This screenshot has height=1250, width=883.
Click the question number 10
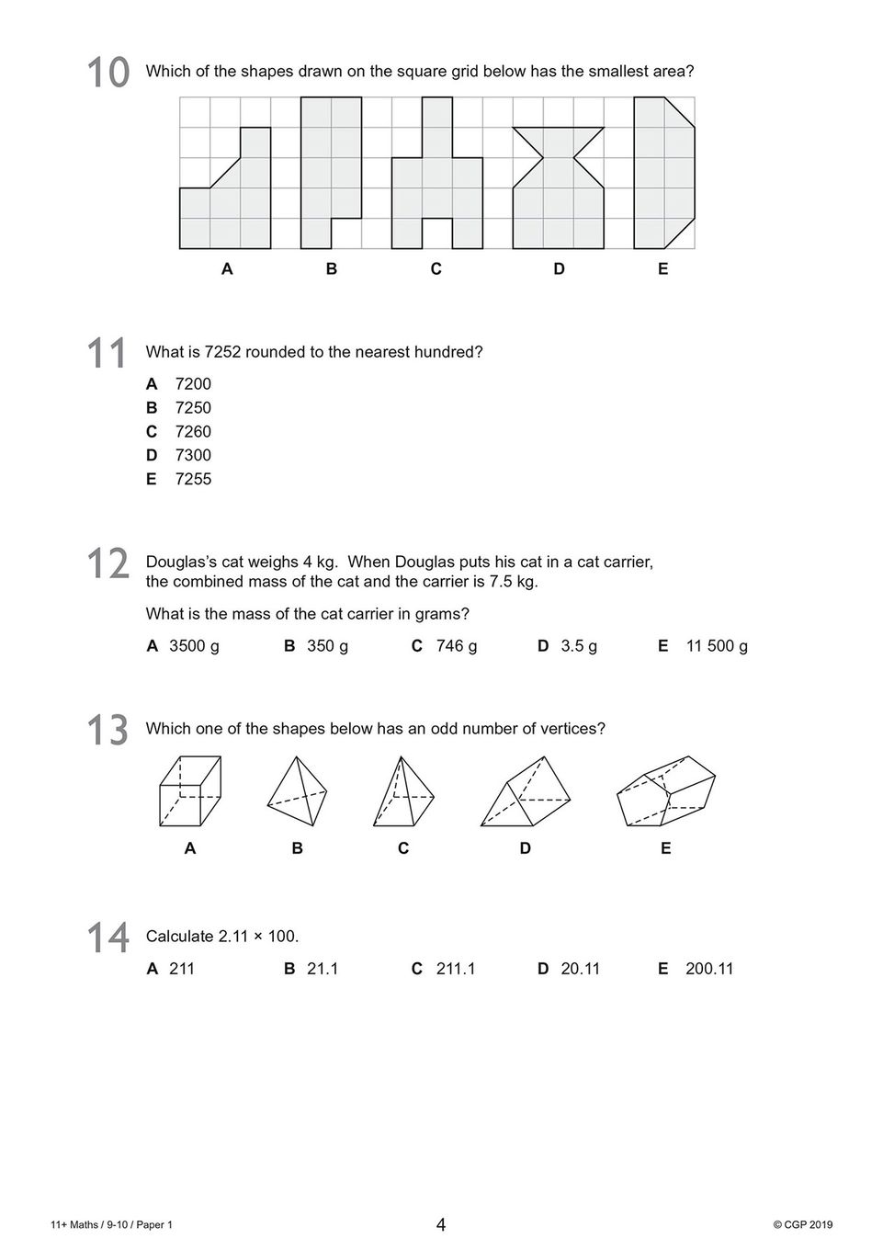[108, 73]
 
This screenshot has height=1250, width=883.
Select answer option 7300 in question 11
[193, 455]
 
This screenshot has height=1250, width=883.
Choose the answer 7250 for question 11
[193, 407]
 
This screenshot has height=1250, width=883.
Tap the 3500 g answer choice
[194, 645]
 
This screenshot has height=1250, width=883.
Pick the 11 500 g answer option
[717, 645]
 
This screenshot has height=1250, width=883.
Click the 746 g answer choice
[456, 645]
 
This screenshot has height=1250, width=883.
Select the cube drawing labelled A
[189, 791]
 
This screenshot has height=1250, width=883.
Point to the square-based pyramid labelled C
[402, 791]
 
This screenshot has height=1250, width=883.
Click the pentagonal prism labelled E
[666, 791]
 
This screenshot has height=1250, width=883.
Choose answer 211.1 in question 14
[456, 968]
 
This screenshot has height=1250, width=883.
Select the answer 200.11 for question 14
[709, 968]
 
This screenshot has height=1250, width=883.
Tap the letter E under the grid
[663, 269]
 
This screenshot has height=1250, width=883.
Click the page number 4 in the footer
[441, 1224]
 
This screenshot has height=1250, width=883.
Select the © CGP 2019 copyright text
[802, 1224]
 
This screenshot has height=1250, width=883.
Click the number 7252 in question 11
[222, 352]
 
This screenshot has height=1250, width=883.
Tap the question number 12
[108, 563]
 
